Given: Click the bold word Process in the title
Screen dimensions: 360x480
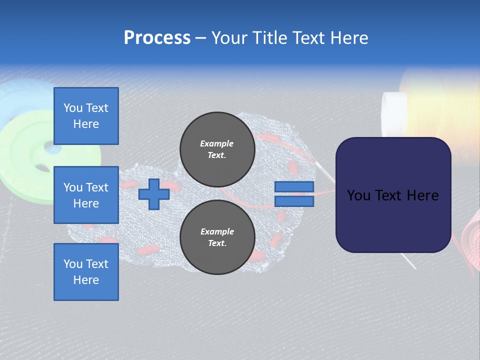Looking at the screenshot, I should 157,38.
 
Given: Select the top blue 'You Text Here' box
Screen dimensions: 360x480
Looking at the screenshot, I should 86,116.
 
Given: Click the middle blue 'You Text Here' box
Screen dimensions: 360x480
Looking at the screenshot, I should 86,195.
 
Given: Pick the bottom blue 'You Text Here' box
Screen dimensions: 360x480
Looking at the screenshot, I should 86,271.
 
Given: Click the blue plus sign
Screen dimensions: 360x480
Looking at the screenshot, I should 154,194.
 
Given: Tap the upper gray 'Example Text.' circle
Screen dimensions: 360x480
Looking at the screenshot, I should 217,149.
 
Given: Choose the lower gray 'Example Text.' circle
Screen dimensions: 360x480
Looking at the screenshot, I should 217,237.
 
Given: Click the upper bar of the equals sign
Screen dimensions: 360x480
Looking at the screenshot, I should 294,187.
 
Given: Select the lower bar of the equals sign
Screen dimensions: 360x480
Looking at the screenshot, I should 294,201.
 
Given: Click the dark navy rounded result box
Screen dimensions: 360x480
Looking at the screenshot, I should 393,195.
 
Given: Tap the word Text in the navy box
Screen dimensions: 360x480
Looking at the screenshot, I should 393,195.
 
